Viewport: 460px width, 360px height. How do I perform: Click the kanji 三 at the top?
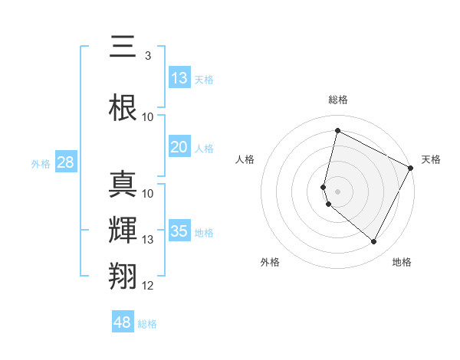click(123, 47)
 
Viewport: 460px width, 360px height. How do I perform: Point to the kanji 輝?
click(123, 231)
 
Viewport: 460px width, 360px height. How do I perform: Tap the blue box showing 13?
click(179, 78)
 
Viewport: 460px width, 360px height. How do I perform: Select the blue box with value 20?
click(179, 148)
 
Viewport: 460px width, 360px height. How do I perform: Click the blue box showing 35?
click(179, 231)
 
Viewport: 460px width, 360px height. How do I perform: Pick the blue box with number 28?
click(65, 162)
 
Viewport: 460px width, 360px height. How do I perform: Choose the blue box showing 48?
click(123, 322)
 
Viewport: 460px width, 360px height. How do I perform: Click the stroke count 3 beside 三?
click(147, 56)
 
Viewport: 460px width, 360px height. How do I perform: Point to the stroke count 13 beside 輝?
click(148, 240)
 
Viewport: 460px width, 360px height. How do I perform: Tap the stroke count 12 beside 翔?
click(148, 286)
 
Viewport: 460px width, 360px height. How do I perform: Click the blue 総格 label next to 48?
click(147, 324)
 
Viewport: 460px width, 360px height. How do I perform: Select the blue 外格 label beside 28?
click(41, 163)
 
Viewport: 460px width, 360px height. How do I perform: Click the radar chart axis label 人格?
click(245, 159)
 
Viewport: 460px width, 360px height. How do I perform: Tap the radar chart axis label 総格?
click(338, 100)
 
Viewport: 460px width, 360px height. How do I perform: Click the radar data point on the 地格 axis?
click(374, 242)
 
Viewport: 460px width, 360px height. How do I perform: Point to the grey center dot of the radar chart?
click(338, 191)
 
